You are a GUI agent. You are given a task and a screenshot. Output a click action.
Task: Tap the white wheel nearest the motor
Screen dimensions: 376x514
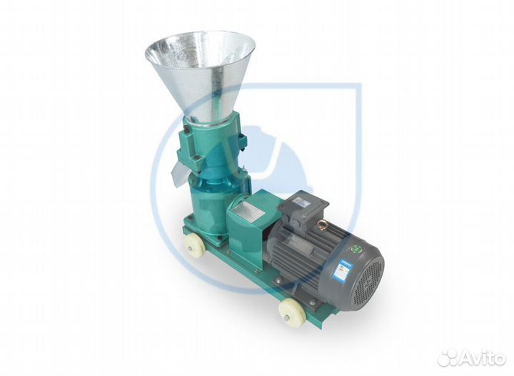[291, 311]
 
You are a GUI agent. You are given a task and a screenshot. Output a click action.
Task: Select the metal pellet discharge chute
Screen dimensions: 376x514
[181, 169]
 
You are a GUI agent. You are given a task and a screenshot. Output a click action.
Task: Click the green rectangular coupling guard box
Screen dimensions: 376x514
[246, 218]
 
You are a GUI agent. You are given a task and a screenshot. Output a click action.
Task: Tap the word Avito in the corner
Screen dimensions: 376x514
[483, 358]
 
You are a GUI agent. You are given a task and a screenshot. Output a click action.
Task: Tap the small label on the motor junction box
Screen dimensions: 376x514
[301, 202]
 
